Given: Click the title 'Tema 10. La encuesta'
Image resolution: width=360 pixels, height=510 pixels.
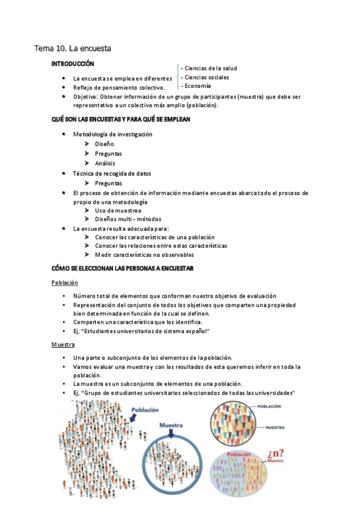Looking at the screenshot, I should pos(72,48).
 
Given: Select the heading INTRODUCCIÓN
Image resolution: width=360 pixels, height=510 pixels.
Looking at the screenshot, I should pos(73,63).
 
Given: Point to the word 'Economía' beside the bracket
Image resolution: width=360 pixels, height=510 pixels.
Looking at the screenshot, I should pos(198,86).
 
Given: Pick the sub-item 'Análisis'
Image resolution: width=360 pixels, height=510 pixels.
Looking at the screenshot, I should pos(105,164).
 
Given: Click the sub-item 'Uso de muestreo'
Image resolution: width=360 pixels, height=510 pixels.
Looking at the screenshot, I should pos(118,210).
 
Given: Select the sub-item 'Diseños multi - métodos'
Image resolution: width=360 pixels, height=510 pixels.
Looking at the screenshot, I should pos(128,220).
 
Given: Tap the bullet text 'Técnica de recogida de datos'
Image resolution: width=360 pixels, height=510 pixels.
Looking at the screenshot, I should pos(112,174).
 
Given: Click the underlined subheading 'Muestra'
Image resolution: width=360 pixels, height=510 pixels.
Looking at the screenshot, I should pos(63,345).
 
